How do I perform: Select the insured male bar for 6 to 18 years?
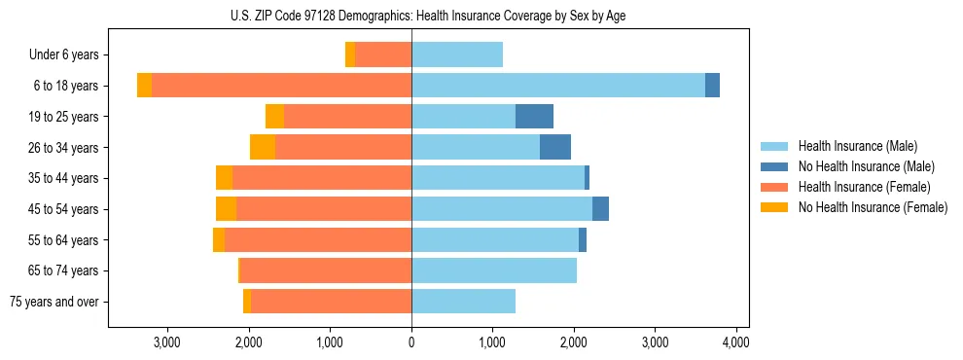[x=558, y=86]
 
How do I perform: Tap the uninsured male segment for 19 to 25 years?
[x=534, y=117]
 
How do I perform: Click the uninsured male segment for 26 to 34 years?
[x=555, y=147]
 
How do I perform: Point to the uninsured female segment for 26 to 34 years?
[x=263, y=147]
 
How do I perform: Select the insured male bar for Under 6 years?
[x=457, y=54]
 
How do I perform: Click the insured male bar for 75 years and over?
[x=463, y=302]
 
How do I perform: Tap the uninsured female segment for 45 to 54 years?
[x=226, y=209]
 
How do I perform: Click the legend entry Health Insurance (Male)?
[x=857, y=146]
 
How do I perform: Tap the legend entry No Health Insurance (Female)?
[x=873, y=207]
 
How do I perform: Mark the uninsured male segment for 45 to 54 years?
[x=600, y=209]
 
